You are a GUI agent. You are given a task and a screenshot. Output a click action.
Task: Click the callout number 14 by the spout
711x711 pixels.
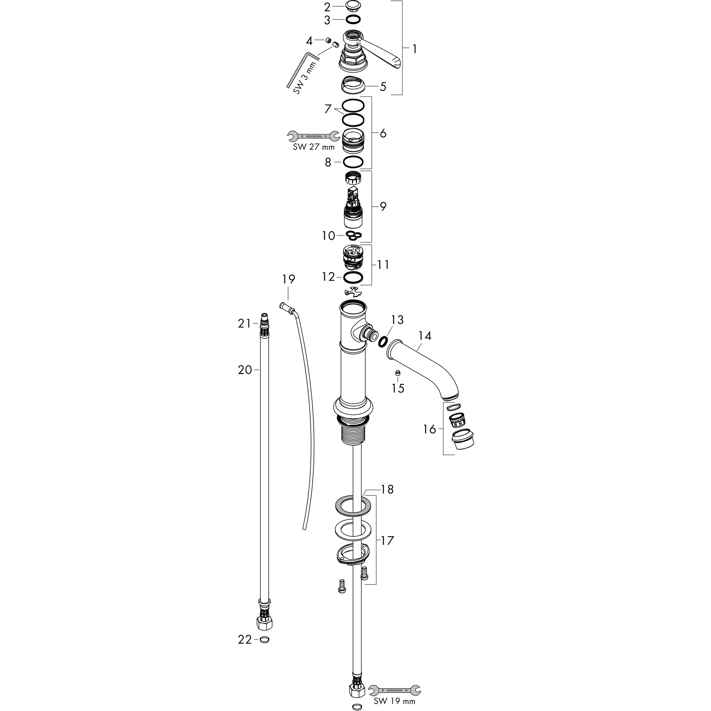click(425, 336)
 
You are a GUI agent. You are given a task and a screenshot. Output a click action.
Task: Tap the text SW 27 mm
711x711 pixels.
click(313, 147)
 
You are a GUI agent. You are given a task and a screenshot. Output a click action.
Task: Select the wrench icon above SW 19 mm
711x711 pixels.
click(394, 689)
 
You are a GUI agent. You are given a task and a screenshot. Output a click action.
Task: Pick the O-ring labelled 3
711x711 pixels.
click(353, 19)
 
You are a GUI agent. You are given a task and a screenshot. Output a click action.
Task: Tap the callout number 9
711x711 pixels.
click(383, 207)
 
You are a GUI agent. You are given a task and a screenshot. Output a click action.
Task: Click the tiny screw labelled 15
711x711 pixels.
click(398, 373)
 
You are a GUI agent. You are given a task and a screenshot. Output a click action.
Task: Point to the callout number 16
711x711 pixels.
click(429, 429)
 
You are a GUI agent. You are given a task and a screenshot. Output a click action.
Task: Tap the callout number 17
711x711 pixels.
click(387, 541)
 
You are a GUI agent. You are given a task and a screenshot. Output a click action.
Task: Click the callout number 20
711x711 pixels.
click(245, 370)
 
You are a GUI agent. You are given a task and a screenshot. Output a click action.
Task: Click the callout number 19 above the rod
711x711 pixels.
click(288, 279)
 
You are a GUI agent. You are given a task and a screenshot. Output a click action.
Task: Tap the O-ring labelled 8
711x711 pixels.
click(353, 161)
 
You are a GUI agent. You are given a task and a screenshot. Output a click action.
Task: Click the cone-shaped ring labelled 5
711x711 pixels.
click(353, 86)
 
